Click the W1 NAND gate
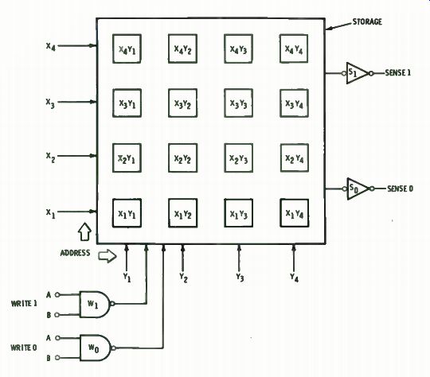pos(95,304)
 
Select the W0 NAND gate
pos(96,348)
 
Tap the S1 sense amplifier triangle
pos(356,73)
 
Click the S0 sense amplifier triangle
pos(357,188)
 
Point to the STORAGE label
pos(367,21)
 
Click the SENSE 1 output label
pos(398,73)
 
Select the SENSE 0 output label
pos(400,188)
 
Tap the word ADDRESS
pos(75,253)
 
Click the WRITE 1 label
pos(24,304)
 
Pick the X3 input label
pos(50,103)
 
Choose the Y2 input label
pos(183,278)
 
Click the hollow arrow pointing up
pos(84,231)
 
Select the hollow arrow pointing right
pos(107,256)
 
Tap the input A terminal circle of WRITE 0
pos(57,338)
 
